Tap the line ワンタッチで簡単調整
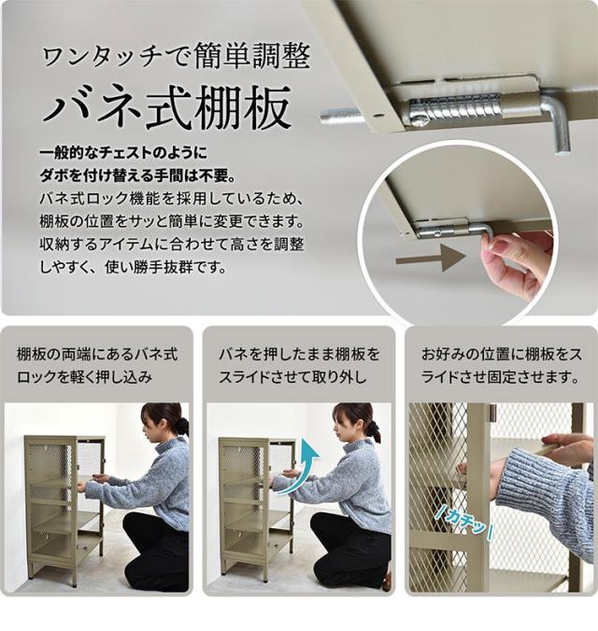176,57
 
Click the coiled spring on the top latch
456,107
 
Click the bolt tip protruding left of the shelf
340,116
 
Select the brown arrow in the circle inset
431,258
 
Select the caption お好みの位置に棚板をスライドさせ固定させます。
501,366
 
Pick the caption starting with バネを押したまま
299,366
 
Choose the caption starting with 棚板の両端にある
97,366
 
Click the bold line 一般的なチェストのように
123,153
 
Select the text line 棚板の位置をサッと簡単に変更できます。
172,221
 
